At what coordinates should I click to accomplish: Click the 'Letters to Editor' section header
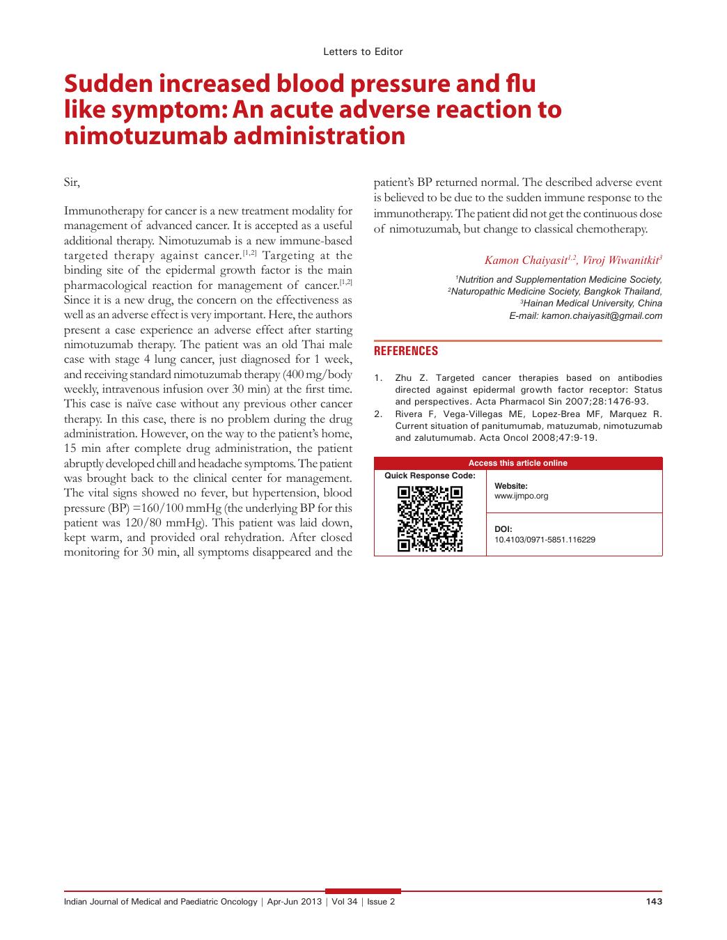pyautogui.click(x=363, y=52)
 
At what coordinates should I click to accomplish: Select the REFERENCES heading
pyautogui.click(x=406, y=351)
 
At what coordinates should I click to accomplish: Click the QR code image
pyautogui.click(x=430, y=519)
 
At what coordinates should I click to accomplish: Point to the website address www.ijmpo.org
pyautogui.click(x=521, y=496)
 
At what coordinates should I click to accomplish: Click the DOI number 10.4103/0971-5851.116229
pyautogui.click(x=545, y=540)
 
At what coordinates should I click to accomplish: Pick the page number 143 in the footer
pyautogui.click(x=654, y=902)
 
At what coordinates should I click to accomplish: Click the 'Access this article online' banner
pyautogui.click(x=517, y=463)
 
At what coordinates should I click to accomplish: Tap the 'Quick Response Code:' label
pyautogui.click(x=430, y=476)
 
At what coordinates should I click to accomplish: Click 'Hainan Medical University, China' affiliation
pyautogui.click(x=592, y=304)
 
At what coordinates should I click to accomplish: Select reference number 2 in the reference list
pyautogui.click(x=378, y=414)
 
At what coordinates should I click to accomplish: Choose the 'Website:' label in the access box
pyautogui.click(x=510, y=486)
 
